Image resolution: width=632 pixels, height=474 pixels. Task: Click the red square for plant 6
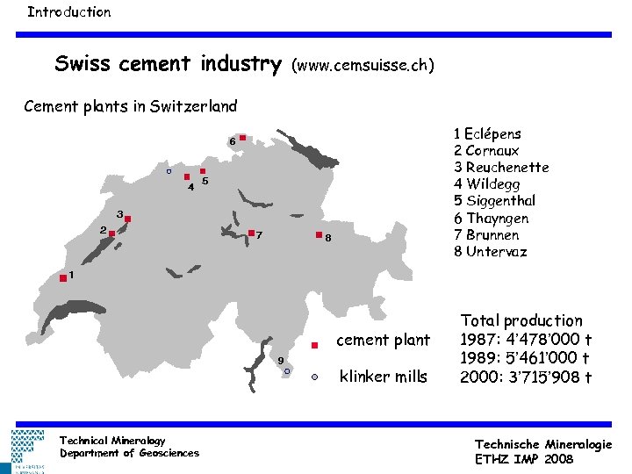pyautogui.click(x=242, y=138)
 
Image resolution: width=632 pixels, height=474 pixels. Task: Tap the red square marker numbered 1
pyautogui.click(x=63, y=278)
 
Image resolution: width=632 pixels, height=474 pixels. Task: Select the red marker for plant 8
pyautogui.click(x=318, y=236)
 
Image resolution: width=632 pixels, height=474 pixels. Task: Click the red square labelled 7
pyautogui.click(x=251, y=233)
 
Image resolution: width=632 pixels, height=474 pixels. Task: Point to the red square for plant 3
pyautogui.click(x=128, y=219)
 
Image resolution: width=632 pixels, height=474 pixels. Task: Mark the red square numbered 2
pyautogui.click(x=112, y=233)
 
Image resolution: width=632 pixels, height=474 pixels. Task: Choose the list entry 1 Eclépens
pyautogui.click(x=487, y=134)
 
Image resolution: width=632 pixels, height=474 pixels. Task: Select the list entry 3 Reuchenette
pyautogui.click(x=501, y=168)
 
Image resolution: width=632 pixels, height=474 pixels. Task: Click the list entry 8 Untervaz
pyautogui.click(x=490, y=252)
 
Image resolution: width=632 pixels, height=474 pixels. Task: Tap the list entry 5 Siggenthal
pyautogui.click(x=494, y=201)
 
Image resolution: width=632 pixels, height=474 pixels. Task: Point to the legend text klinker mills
pyautogui.click(x=383, y=377)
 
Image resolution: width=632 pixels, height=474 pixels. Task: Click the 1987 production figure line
pyautogui.click(x=526, y=340)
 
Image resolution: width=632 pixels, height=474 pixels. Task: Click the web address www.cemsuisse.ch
pyautogui.click(x=363, y=65)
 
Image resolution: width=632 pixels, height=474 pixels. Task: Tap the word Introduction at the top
pyautogui.click(x=68, y=12)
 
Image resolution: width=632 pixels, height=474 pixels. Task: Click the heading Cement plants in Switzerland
pyautogui.click(x=131, y=107)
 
